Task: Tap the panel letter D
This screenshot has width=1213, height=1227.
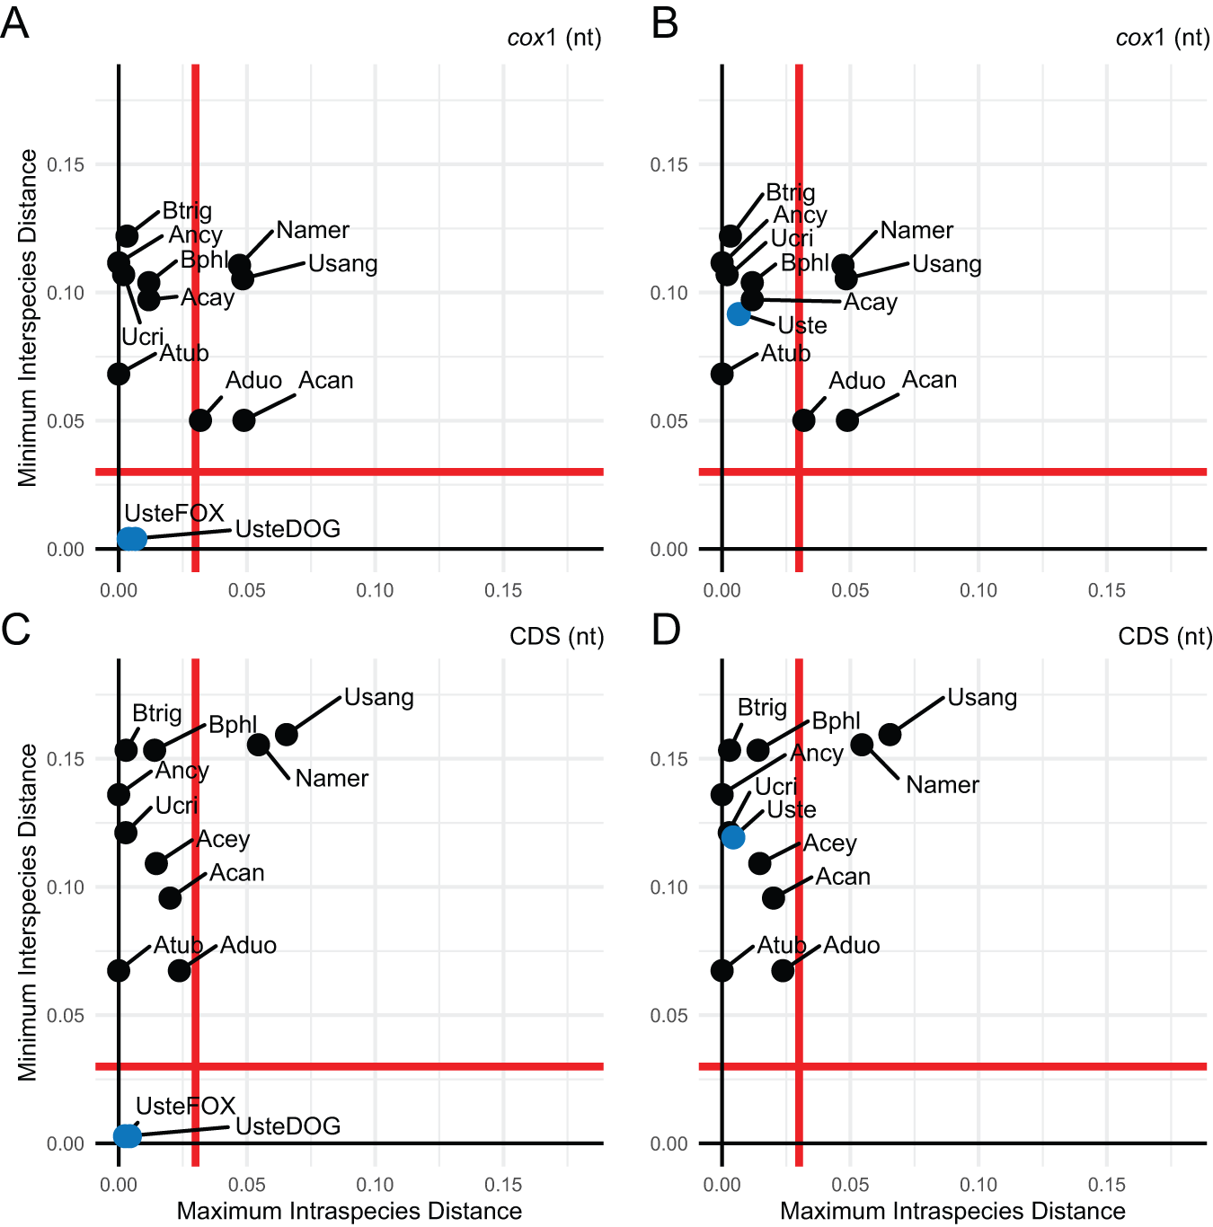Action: [666, 630]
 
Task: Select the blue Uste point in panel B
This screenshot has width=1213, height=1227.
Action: [739, 313]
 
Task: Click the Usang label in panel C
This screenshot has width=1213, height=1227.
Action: [378, 697]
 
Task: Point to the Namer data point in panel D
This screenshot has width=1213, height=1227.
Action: [862, 745]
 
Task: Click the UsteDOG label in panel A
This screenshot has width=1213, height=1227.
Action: [288, 529]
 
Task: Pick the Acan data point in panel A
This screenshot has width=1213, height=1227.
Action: [243, 419]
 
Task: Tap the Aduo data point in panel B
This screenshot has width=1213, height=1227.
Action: [804, 419]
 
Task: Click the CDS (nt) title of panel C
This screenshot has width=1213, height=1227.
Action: [556, 637]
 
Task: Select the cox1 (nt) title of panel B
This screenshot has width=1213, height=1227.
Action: [1163, 38]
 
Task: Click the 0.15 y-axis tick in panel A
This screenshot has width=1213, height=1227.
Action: [66, 164]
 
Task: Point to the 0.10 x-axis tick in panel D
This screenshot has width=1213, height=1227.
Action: [978, 1185]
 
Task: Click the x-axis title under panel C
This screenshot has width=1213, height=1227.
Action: [349, 1211]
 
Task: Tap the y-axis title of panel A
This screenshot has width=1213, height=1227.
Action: [28, 318]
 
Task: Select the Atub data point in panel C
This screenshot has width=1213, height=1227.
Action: [119, 970]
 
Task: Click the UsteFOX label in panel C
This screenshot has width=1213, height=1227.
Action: [185, 1106]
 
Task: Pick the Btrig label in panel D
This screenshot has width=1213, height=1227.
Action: [762, 708]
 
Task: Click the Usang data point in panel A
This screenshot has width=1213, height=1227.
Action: [243, 278]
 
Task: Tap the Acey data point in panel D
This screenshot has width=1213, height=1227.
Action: [759, 863]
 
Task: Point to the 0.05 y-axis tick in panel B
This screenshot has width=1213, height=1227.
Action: [668, 421]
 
